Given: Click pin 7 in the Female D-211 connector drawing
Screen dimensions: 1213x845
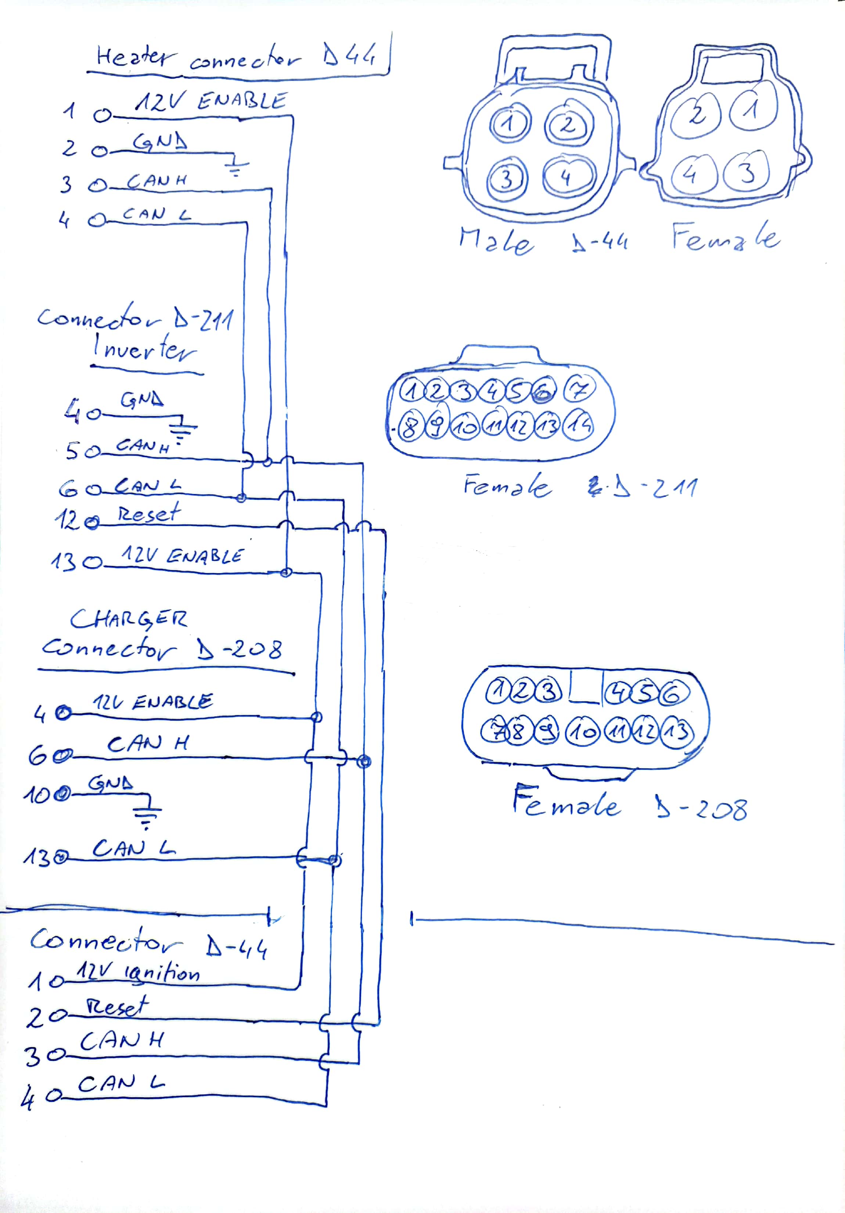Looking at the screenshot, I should (x=579, y=390).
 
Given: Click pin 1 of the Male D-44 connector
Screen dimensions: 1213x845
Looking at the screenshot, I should (x=509, y=124).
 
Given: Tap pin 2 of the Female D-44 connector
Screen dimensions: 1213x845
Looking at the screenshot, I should (x=696, y=115).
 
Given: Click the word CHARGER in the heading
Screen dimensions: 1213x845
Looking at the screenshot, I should (x=128, y=619).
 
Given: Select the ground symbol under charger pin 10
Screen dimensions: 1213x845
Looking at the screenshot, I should (x=147, y=817).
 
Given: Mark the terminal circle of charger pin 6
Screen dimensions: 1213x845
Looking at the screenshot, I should (x=64, y=757).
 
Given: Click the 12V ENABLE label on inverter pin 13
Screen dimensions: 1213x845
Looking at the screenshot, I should (x=182, y=555).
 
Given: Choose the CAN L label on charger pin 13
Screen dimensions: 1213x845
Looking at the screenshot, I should (x=134, y=848).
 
